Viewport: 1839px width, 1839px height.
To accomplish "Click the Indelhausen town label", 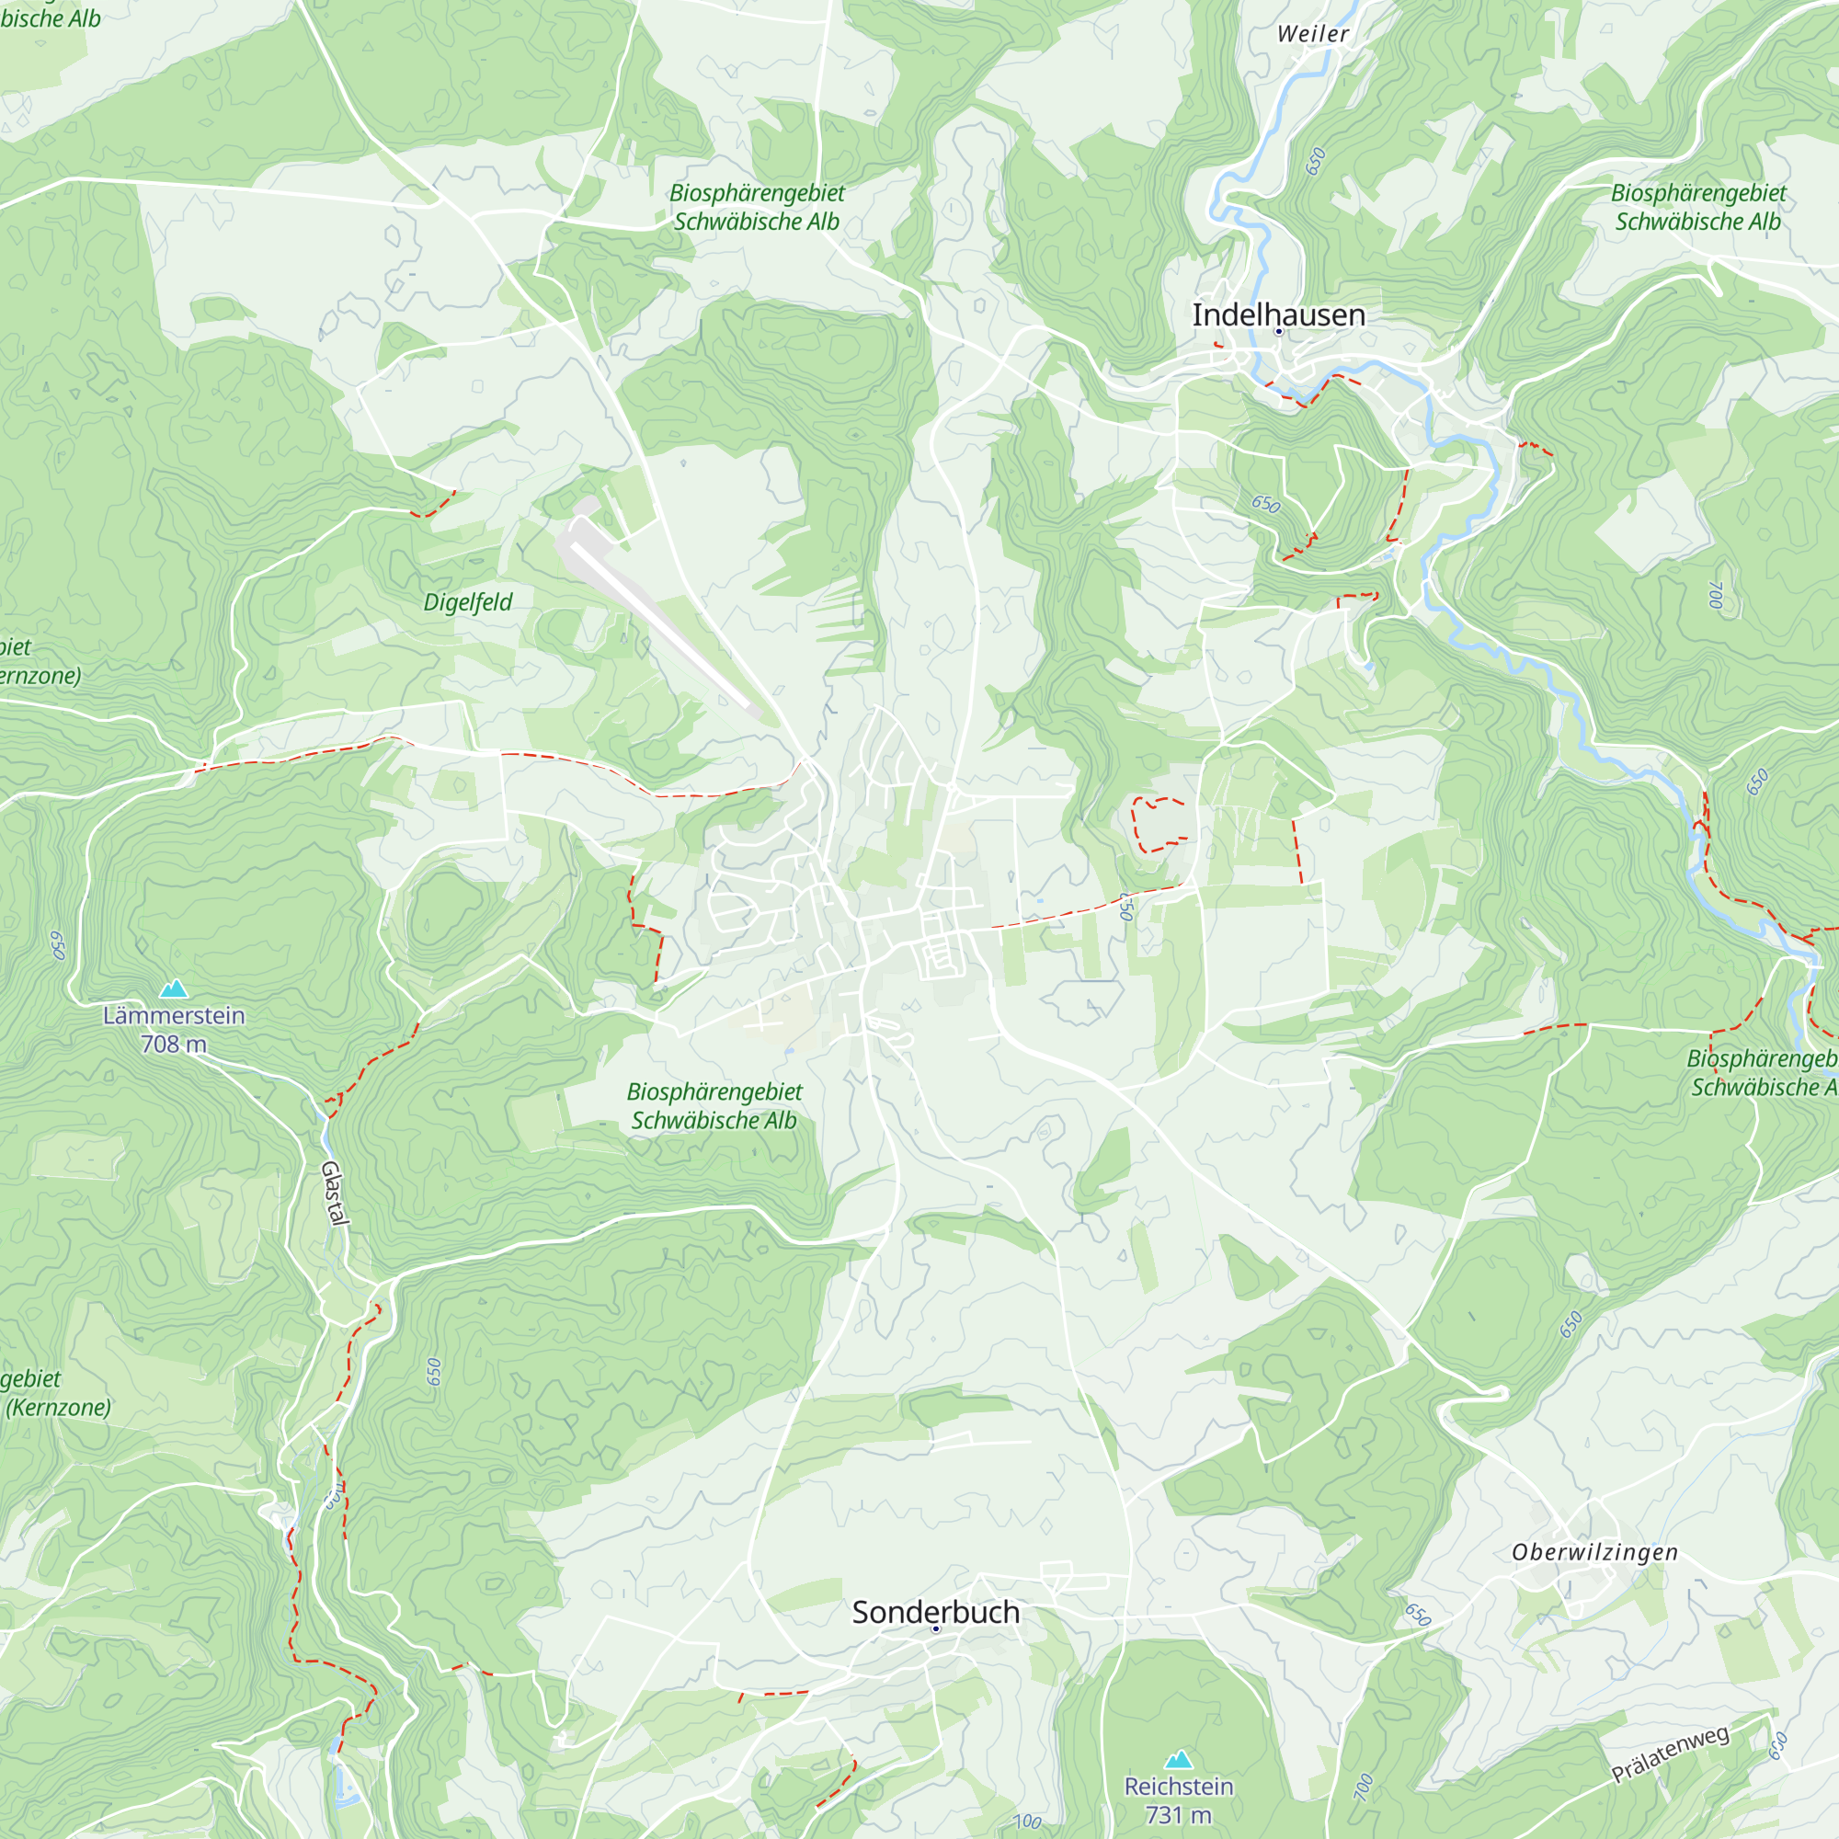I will pos(1278,315).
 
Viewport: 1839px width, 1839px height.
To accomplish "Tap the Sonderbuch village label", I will pos(936,1613).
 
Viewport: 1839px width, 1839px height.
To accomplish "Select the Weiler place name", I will pos(1313,34).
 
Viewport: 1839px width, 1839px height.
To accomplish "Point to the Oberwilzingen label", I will pos(1594,1552).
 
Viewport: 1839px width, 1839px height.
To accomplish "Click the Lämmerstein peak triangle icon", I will pos(173,989).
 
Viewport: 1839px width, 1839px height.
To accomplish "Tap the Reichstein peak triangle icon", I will pos(1179,1759).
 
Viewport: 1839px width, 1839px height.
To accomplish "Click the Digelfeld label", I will pos(467,602).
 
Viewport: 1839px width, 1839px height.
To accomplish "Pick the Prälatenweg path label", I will pos(1670,1754).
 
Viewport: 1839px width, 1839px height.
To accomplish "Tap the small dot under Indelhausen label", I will pos(1278,332).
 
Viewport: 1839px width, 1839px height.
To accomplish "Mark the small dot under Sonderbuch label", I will pos(936,1629).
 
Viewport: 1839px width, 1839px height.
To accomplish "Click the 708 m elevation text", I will pos(173,1045).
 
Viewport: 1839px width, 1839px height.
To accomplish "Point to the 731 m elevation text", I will pos(1179,1815).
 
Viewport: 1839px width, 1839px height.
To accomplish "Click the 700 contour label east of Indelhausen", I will pos(1715,596).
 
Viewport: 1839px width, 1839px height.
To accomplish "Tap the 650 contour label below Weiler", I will pos(1316,162).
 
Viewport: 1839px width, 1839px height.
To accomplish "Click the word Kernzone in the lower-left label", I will pos(59,1407).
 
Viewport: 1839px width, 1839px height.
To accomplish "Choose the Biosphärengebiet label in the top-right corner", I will pos(1698,193).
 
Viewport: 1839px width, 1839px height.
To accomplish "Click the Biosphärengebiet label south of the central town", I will pos(714,1091).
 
